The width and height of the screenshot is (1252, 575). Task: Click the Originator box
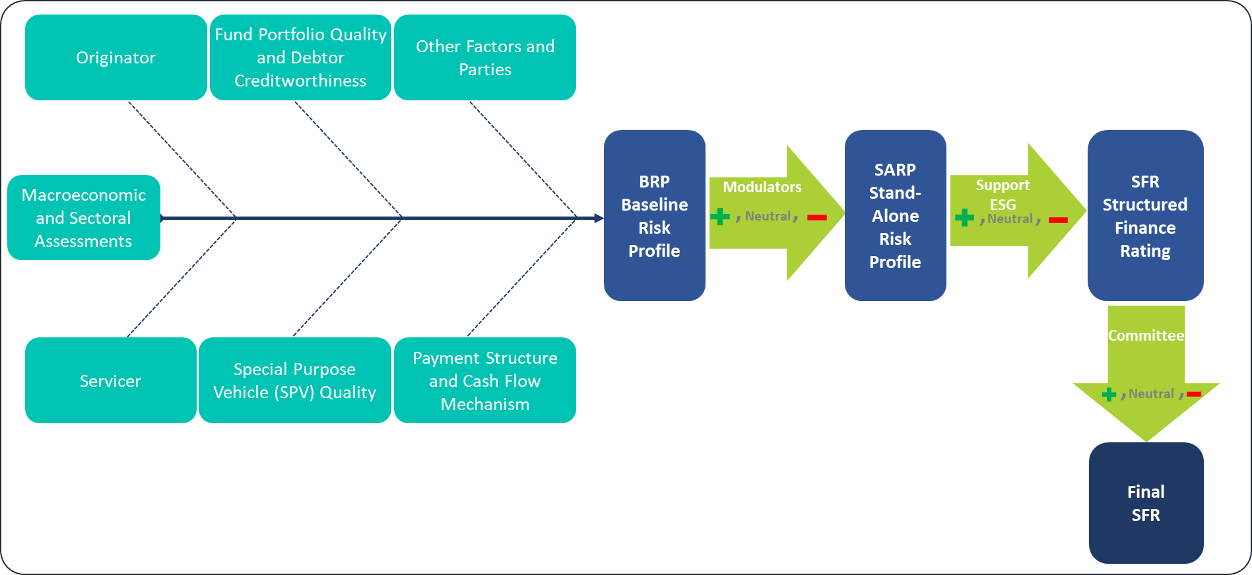point(115,58)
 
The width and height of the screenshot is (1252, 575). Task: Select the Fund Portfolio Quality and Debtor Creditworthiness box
point(300,58)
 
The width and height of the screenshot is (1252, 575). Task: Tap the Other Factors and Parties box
point(485,58)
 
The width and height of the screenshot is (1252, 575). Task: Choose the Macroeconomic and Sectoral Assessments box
point(84,218)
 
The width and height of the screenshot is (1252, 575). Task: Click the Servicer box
point(110,381)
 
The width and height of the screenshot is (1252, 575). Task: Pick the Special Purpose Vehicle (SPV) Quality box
point(294,381)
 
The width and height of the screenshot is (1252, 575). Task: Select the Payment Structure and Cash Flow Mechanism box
point(485,381)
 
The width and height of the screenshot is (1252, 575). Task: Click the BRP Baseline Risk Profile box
point(654,216)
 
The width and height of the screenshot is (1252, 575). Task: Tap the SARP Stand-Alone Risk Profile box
point(895,216)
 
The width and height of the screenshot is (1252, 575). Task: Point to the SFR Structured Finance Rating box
point(1145,216)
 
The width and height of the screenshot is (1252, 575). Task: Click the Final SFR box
point(1146,503)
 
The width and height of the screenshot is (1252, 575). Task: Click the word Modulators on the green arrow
point(762,187)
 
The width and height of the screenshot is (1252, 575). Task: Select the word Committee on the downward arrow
point(1146,336)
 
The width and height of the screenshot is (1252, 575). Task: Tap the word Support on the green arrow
point(1003,186)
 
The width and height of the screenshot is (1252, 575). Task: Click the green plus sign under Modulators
point(720,217)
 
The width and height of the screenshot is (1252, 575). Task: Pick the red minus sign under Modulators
point(817,217)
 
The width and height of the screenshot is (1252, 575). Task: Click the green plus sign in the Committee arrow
point(1109,394)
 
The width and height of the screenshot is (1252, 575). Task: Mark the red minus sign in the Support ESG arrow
point(1058,220)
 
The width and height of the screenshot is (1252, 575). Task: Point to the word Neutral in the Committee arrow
point(1151,394)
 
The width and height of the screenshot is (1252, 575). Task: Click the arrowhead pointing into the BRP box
point(598,218)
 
